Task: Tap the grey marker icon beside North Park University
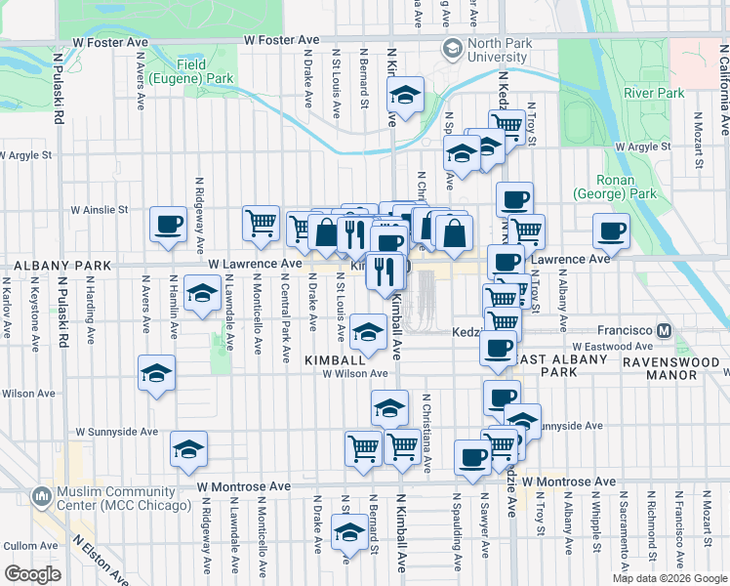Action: click(453, 48)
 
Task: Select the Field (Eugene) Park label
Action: click(205, 70)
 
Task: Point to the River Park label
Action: click(653, 93)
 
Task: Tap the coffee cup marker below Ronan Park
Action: click(612, 230)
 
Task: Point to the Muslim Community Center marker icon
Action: click(41, 497)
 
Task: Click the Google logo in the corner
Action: click(32, 573)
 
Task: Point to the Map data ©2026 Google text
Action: click(669, 578)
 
